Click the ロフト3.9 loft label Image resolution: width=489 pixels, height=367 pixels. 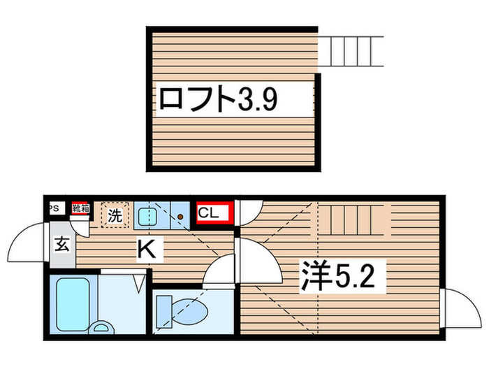pos(219,100)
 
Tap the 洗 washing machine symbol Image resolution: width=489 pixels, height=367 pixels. pos(115,215)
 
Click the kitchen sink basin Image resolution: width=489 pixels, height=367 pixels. pos(147,216)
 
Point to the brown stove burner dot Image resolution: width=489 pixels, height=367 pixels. pos(180,217)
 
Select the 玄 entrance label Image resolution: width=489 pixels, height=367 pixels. pos(61,245)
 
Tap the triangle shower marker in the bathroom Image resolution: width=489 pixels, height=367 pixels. pos(138,283)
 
